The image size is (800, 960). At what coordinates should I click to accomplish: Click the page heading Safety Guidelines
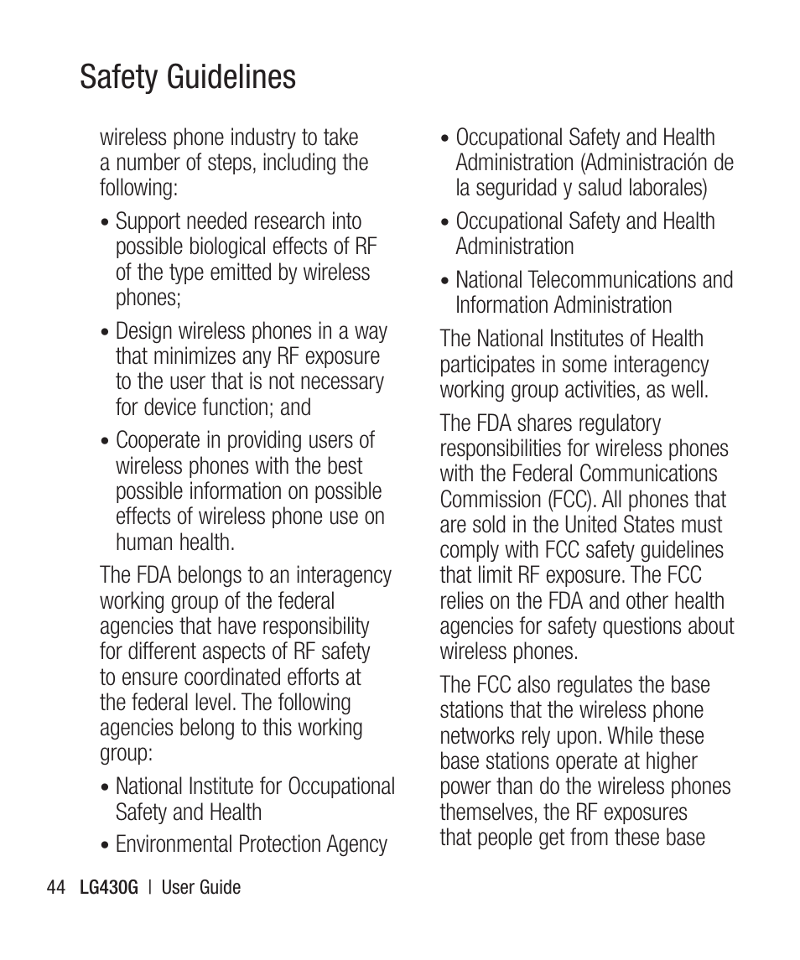point(188,77)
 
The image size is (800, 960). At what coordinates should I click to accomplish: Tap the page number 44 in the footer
point(56,887)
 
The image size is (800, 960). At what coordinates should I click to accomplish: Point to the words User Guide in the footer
point(200,887)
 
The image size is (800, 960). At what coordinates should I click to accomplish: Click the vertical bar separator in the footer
point(148,887)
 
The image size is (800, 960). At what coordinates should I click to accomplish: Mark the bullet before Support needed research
point(105,223)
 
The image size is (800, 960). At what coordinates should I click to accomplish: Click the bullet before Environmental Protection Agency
point(105,846)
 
